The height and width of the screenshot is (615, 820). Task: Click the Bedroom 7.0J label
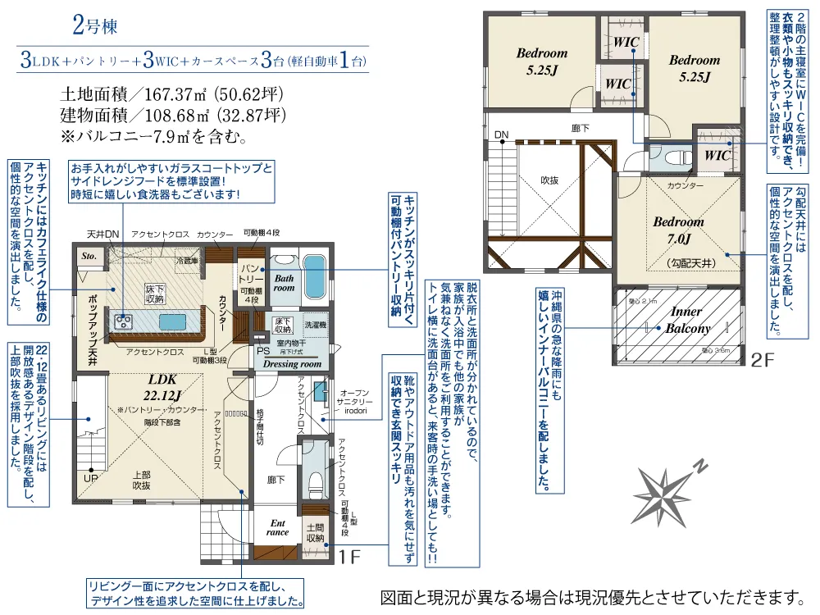point(678,230)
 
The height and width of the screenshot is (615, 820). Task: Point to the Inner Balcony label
point(686,321)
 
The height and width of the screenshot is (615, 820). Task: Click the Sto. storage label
point(89,257)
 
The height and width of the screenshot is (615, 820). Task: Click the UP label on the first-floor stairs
point(89,478)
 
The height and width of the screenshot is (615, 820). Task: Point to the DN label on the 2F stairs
point(501,134)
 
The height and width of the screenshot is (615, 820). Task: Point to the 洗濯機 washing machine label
point(316,325)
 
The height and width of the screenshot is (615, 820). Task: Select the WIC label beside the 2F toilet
point(717,154)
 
